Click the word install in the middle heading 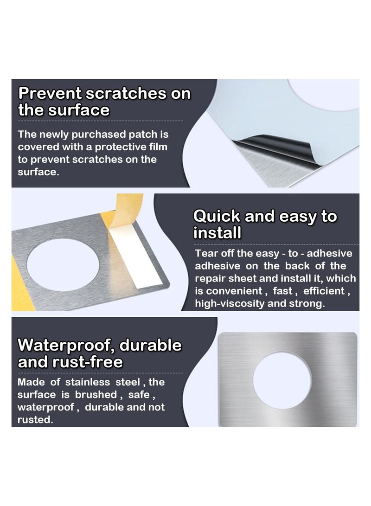pos(217,233)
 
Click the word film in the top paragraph pos(157,147)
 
